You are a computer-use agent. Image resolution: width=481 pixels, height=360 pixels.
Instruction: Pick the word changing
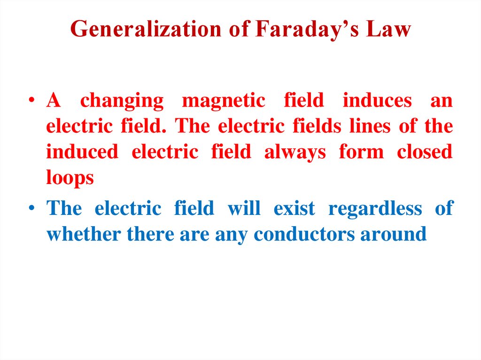(122, 101)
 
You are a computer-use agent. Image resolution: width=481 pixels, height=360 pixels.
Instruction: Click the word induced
(82, 153)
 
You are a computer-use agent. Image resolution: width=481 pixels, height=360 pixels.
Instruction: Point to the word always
(295, 153)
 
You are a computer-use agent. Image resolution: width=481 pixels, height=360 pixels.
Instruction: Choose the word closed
(425, 153)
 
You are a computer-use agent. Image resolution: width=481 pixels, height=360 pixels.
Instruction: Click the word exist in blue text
(294, 208)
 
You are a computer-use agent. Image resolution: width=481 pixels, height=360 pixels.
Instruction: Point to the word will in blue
(244, 208)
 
